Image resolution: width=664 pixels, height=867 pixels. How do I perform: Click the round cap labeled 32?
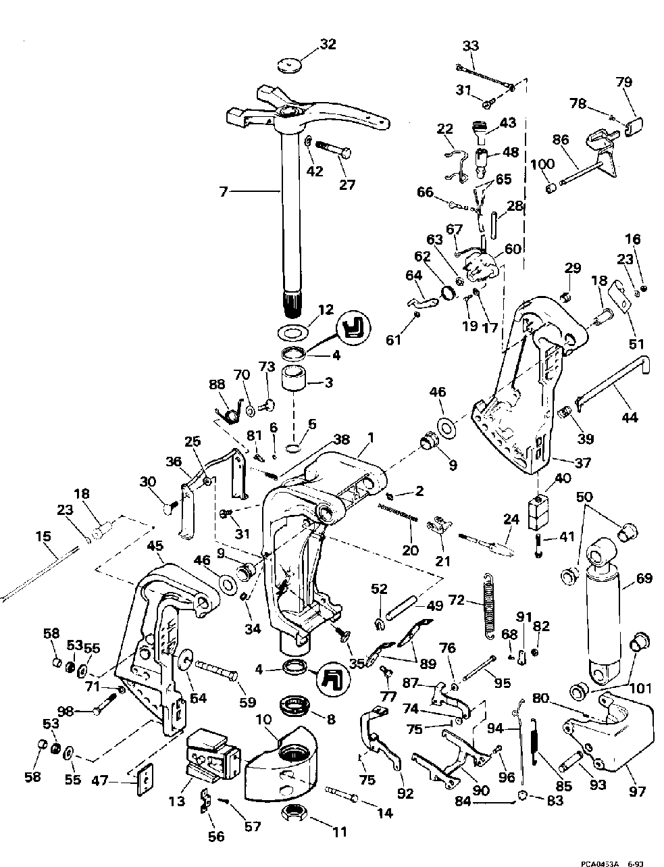tap(290, 66)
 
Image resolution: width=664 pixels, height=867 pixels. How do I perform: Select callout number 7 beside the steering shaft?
tap(224, 192)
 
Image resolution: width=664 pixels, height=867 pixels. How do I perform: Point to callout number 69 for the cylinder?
tap(643, 578)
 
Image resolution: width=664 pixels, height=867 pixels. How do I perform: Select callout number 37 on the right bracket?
tap(583, 463)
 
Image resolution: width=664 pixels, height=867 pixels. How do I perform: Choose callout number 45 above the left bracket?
tap(155, 546)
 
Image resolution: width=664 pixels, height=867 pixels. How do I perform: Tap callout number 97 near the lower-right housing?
tap(636, 791)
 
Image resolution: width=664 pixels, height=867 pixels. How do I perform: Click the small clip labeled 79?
tap(633, 126)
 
